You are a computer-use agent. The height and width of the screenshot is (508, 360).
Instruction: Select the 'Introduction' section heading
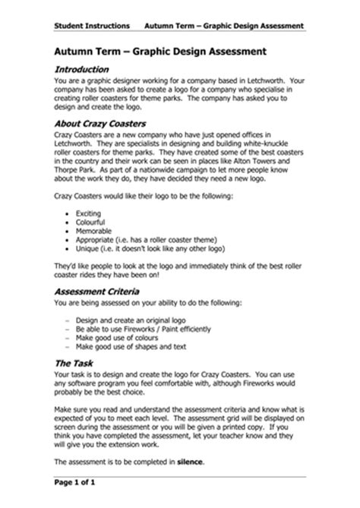pyautogui.click(x=85, y=68)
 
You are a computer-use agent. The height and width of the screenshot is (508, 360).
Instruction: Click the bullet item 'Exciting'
pyautogui.click(x=91, y=214)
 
